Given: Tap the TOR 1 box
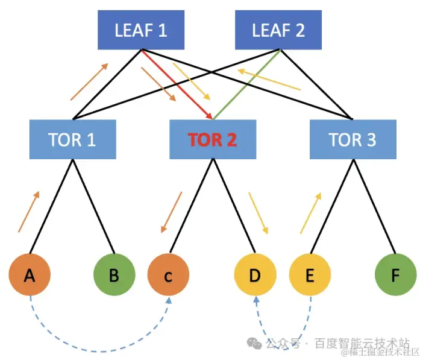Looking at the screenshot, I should pyautogui.click(x=72, y=139).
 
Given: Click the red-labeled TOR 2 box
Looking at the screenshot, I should pyautogui.click(x=212, y=139).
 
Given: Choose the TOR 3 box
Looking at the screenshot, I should pyautogui.click(x=352, y=139).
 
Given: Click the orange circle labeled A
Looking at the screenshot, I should pyautogui.click(x=29, y=276).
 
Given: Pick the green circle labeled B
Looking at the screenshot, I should pyautogui.click(x=113, y=276).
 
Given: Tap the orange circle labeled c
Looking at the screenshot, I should pyautogui.click(x=168, y=276).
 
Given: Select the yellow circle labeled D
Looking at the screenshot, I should pyautogui.click(x=254, y=276).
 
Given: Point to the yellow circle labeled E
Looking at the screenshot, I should pyautogui.click(x=310, y=276).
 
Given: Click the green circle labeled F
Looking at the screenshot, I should pyautogui.click(x=395, y=276).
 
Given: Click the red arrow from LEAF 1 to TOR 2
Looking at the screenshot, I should pyautogui.click(x=178, y=85).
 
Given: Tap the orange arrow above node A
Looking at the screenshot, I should pyautogui.click(x=29, y=212).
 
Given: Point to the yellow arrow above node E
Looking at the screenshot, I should pyautogui.click(x=311, y=212).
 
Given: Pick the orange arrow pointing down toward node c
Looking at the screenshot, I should pyautogui.click(x=171, y=212).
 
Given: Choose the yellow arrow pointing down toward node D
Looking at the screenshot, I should pyautogui.click(x=258, y=213).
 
